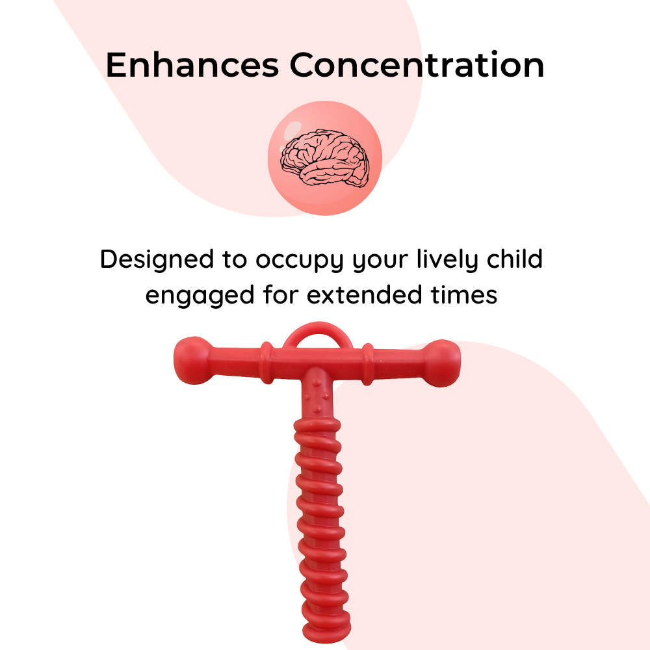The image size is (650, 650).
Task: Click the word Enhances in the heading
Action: [x=192, y=65]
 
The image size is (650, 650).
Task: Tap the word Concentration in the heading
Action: [x=417, y=65]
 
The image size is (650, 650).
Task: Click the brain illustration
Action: [x=325, y=157]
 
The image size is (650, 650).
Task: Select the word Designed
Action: [x=157, y=259]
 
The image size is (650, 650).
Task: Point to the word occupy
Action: [x=299, y=262]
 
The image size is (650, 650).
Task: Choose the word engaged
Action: [x=200, y=296]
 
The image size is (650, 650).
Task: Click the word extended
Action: [x=363, y=294]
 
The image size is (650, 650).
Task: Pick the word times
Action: [x=464, y=295]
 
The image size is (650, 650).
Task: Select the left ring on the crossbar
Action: [x=267, y=362]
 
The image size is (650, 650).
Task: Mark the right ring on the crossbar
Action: [x=367, y=365]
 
